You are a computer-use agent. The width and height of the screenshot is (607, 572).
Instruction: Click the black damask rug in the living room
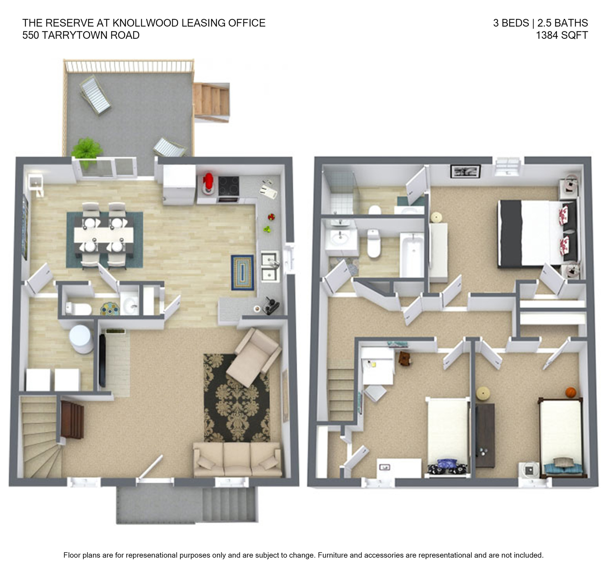pos(237,398)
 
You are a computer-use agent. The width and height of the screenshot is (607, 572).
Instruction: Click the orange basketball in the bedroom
pos(570,392)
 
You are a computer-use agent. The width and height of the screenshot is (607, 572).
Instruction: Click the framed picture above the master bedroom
pos(465,171)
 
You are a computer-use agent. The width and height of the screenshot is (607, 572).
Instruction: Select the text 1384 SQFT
pos(562,35)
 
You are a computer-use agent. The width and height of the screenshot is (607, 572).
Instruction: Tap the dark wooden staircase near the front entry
pos(72,420)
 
